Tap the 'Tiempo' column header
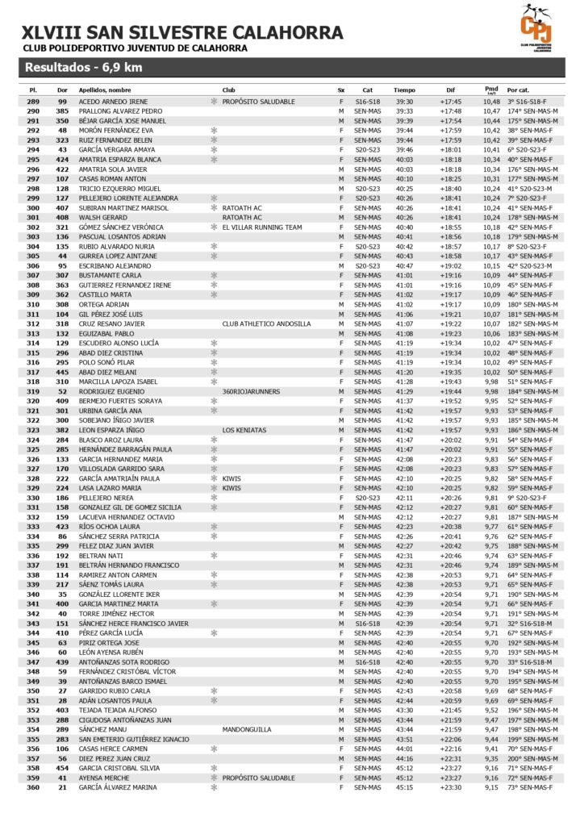point(405,90)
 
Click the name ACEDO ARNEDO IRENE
point(113,102)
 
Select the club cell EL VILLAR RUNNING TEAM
point(262,227)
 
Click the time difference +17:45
point(451,102)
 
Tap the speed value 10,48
point(492,102)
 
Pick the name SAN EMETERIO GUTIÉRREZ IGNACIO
point(134,739)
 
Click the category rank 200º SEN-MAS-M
point(533,758)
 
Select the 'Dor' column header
point(62,90)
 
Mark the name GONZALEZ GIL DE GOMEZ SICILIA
point(129,507)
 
